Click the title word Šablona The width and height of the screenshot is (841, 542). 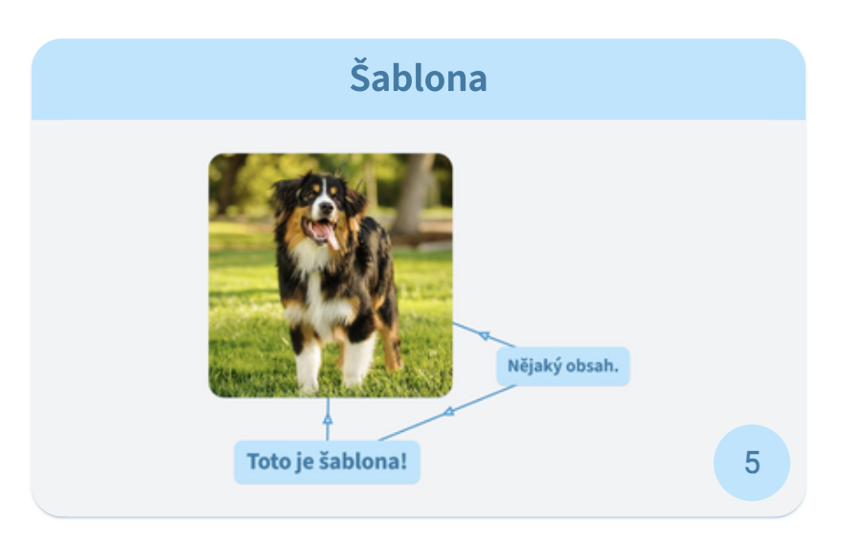(x=418, y=79)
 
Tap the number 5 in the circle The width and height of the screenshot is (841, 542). (x=752, y=463)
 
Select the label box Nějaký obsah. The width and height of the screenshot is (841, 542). (x=563, y=366)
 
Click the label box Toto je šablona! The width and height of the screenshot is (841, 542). (x=327, y=462)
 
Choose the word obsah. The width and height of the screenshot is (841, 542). (x=592, y=366)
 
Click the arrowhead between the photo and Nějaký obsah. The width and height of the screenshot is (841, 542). (x=485, y=335)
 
